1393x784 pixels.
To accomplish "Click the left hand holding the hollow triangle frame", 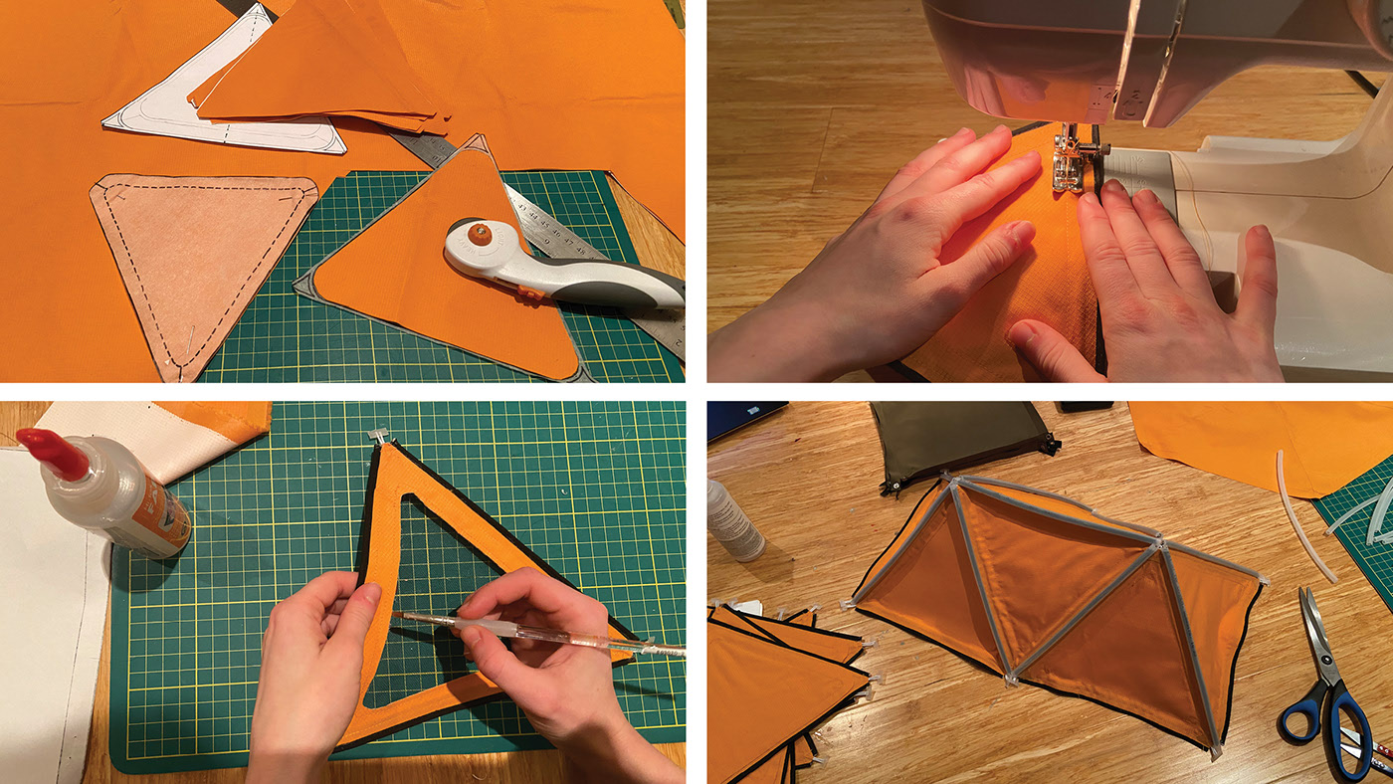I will [x=308, y=657].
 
